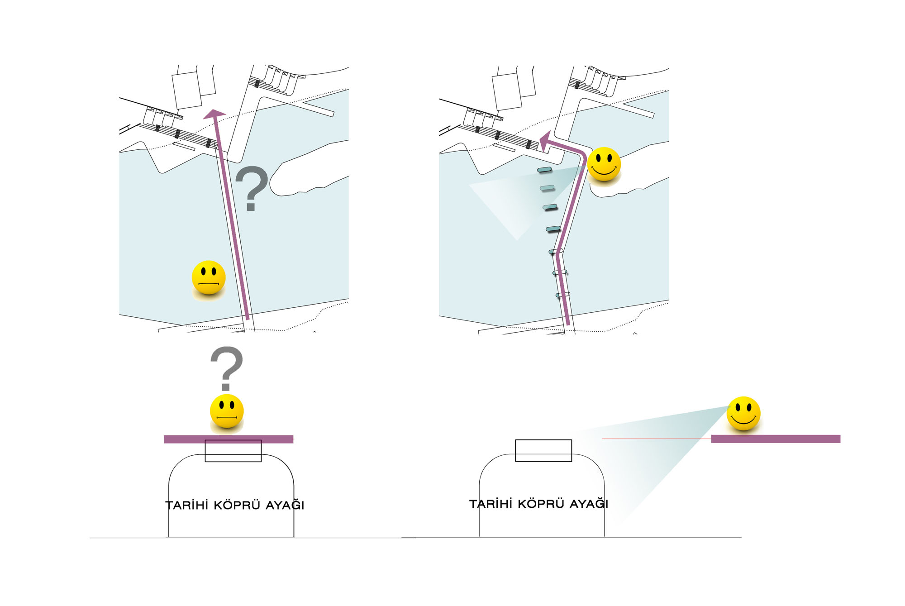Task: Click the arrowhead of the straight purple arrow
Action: point(214,114)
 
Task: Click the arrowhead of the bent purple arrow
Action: point(545,140)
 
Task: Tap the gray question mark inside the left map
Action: point(252,188)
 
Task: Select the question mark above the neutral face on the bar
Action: point(227,368)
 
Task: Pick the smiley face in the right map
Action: point(604,164)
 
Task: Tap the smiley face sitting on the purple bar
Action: point(743,414)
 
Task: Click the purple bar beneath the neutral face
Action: point(229,439)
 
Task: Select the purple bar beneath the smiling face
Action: point(776,439)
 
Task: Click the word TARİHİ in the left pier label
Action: point(187,505)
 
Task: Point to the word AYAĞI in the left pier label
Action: point(285,505)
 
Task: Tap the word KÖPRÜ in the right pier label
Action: point(541,503)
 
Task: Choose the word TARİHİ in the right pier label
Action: point(491,504)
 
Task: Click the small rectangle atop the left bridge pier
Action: point(233,451)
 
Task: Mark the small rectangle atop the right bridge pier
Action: point(543,451)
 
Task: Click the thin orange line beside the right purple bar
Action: point(657,439)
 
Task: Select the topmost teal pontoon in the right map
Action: point(544,170)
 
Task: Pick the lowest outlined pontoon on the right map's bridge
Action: point(562,295)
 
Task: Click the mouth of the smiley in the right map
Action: point(604,171)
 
